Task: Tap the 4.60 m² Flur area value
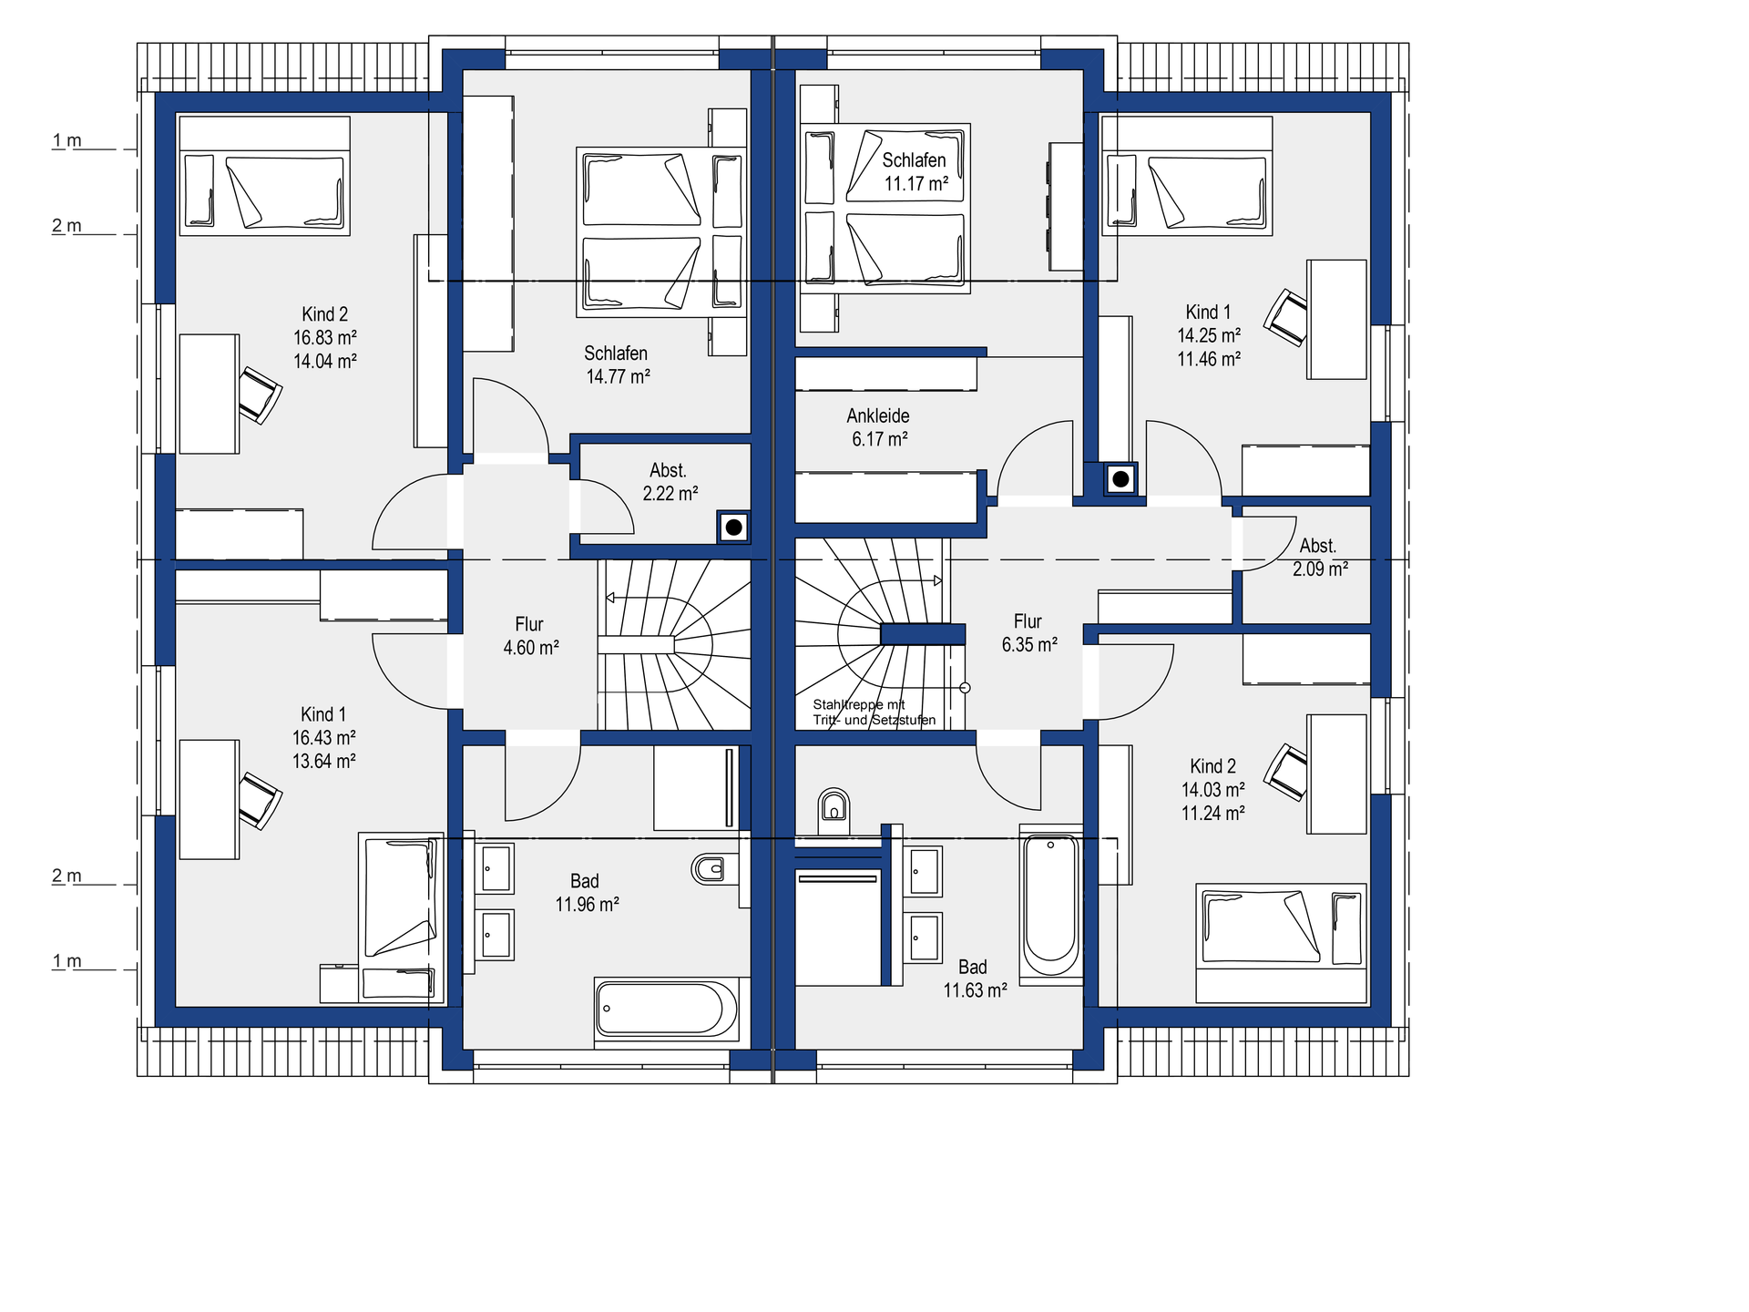coord(531,648)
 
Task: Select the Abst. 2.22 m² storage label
coord(670,482)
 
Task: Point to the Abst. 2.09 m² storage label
coord(1320,558)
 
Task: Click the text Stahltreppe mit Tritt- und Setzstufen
coord(874,712)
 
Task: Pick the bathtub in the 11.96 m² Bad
coord(667,1010)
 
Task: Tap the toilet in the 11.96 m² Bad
coord(708,868)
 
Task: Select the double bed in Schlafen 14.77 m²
coord(661,232)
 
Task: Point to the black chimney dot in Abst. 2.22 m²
coord(733,528)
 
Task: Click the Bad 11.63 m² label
coord(974,979)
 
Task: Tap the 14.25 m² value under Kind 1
coord(1209,335)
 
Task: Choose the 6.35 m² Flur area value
coord(1029,644)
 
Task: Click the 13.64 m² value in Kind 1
coord(324,761)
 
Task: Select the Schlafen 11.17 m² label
coord(915,171)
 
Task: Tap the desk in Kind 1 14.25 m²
coord(1337,319)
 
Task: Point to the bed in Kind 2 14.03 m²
coord(1282,943)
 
